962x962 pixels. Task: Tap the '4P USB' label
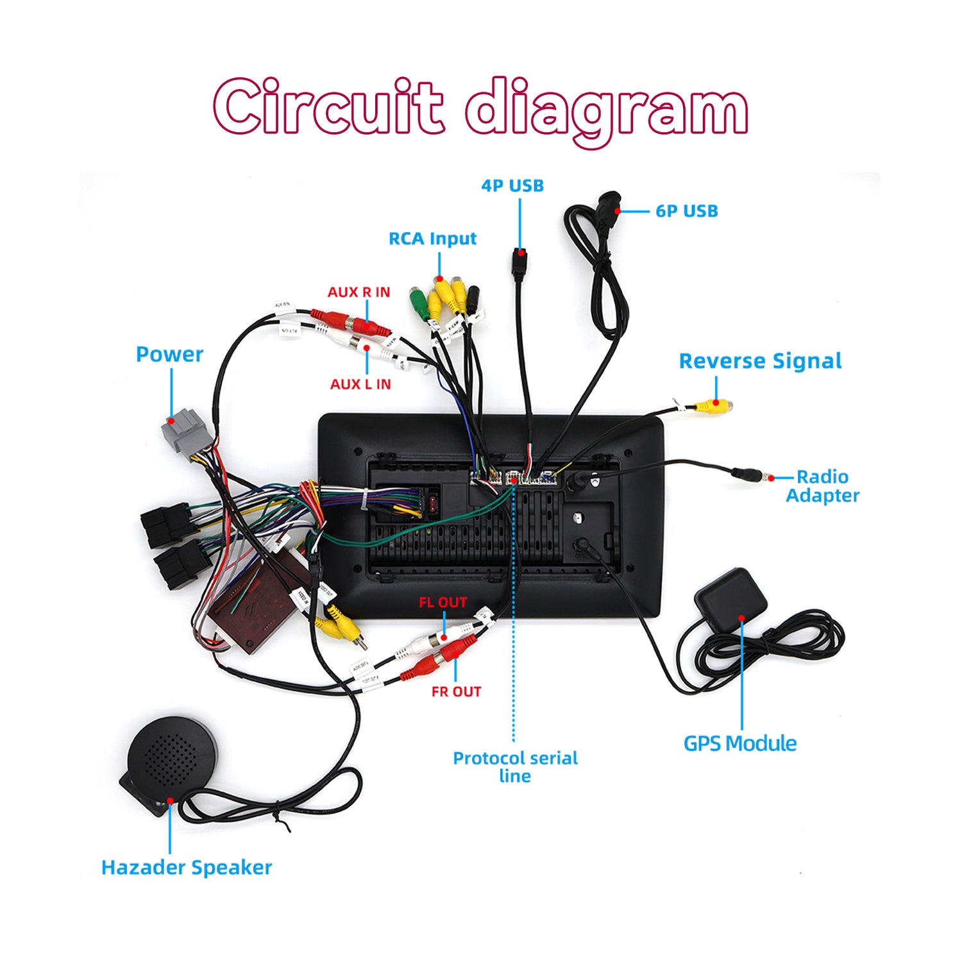[x=512, y=186]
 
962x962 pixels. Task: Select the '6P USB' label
[x=686, y=211]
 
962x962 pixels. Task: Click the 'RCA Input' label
[x=433, y=239]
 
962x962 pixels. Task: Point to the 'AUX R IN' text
[x=359, y=292]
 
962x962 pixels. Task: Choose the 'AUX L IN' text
[x=360, y=384]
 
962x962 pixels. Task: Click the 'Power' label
[x=169, y=354]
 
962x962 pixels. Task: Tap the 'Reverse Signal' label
[x=760, y=361]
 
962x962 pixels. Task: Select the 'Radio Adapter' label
[x=822, y=486]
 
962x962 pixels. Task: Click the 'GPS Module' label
[x=740, y=743]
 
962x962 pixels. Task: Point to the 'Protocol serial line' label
[x=515, y=766]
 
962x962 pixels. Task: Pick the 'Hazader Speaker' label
[x=187, y=867]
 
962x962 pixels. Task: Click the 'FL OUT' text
[x=443, y=603]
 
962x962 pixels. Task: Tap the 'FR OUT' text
[x=456, y=691]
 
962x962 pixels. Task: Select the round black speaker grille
[x=171, y=757]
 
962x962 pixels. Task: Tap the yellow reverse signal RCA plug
[x=713, y=405]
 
